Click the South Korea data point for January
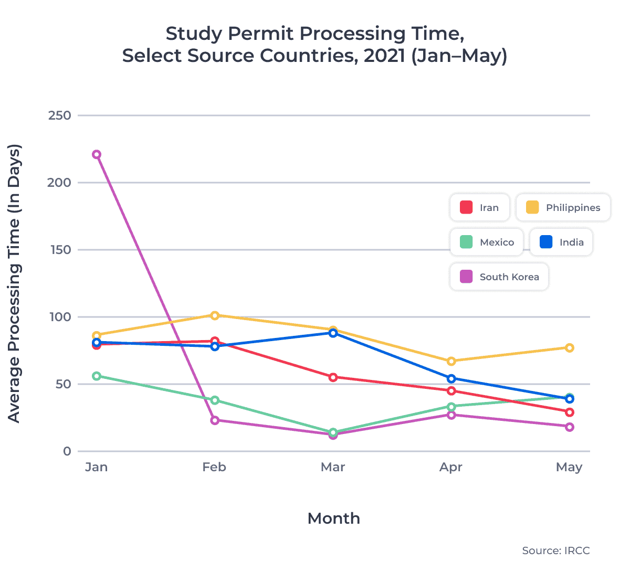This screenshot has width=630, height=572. click(x=97, y=154)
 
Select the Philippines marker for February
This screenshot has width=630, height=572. click(x=215, y=315)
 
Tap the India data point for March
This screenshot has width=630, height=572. click(x=333, y=333)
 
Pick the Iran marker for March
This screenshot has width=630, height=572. click(x=333, y=377)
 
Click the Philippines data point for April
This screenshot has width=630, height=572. click(x=451, y=361)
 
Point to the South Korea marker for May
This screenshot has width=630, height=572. click(x=570, y=427)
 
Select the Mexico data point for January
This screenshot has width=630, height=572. click(x=97, y=376)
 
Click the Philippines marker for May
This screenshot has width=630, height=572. click(x=570, y=347)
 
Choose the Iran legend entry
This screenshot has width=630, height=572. click(x=479, y=207)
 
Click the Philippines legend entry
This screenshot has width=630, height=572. click(x=563, y=207)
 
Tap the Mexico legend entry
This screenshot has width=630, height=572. click(x=487, y=242)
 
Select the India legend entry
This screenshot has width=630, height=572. click(x=561, y=242)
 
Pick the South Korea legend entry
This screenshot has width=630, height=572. click(x=499, y=277)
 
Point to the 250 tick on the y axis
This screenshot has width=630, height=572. click(x=59, y=115)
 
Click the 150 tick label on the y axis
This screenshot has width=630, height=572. click(x=59, y=250)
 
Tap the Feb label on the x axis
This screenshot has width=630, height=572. click(x=214, y=467)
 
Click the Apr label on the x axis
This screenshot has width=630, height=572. click(x=451, y=467)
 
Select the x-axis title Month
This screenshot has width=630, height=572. click(x=334, y=518)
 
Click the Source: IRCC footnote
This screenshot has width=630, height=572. click(x=555, y=550)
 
